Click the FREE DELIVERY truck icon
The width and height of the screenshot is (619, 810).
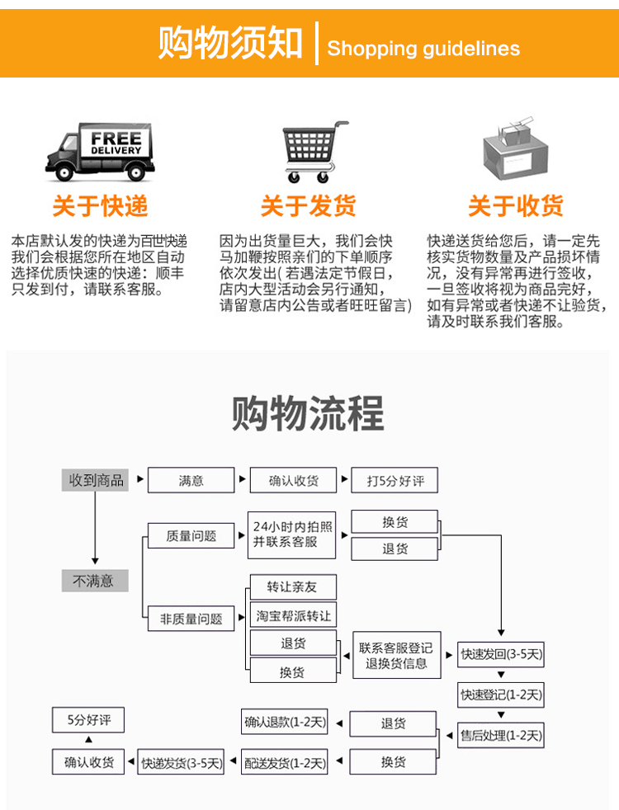(x=100, y=152)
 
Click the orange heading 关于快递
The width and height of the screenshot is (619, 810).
(x=100, y=205)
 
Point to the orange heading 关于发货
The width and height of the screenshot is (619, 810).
(x=309, y=205)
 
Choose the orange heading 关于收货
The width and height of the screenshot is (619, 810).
(x=516, y=205)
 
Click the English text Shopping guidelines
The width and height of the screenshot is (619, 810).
(x=423, y=48)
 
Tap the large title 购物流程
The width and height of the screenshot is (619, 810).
(x=308, y=413)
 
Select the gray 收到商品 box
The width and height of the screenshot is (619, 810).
(x=96, y=480)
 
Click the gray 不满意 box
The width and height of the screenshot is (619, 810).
(x=95, y=581)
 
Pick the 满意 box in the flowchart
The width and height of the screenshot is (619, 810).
(x=191, y=480)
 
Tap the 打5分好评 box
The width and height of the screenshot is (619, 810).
(x=395, y=480)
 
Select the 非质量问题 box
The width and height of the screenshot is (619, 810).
(x=191, y=619)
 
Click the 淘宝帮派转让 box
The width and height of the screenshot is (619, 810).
(x=293, y=615)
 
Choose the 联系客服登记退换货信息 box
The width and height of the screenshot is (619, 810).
(x=396, y=655)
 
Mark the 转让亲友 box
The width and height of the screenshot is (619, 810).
(x=292, y=587)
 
